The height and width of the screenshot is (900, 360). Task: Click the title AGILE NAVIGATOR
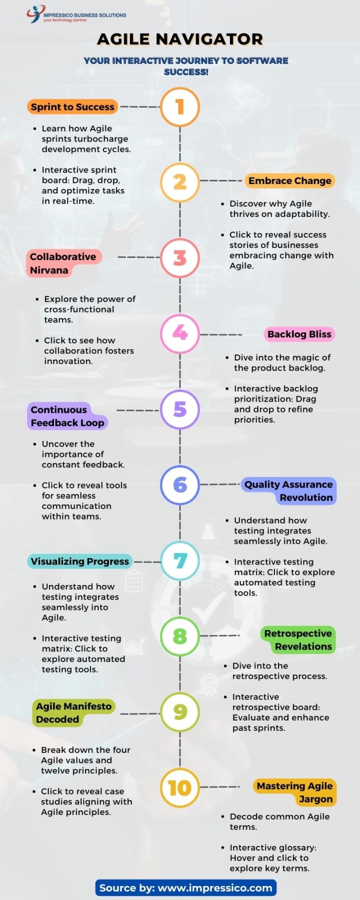(180, 39)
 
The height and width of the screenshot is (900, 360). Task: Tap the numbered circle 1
(180, 106)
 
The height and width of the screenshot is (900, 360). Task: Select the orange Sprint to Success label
(72, 106)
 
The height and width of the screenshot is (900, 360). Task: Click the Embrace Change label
(290, 180)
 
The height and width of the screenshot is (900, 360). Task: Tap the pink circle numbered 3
(180, 257)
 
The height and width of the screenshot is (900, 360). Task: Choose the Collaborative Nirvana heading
(63, 263)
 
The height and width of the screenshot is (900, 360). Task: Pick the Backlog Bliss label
(299, 334)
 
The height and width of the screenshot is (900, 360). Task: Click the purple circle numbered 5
(180, 409)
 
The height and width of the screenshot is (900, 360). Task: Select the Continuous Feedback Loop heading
(67, 416)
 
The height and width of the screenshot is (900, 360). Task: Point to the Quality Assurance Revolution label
(288, 490)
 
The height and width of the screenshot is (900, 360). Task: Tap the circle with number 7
(180, 560)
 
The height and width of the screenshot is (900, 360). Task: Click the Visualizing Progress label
(80, 561)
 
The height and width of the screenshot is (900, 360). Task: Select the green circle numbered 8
(180, 636)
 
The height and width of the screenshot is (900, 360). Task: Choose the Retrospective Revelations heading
(298, 639)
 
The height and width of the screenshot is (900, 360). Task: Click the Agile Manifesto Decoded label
(73, 712)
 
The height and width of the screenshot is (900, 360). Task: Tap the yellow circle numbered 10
(180, 788)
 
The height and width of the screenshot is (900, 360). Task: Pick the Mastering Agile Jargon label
(294, 792)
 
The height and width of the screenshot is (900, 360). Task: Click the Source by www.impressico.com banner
(185, 887)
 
